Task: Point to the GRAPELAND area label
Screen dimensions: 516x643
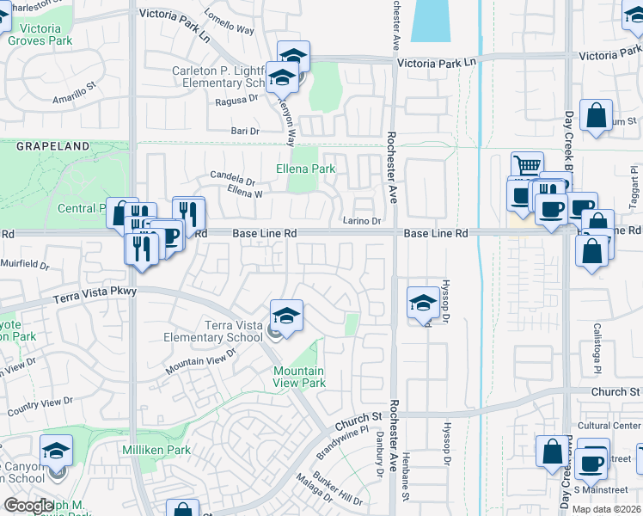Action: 52,147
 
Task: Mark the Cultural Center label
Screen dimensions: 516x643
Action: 609,426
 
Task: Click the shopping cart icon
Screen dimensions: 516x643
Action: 527,165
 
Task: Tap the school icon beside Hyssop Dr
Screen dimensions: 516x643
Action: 423,303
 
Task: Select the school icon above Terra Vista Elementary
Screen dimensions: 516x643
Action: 286,314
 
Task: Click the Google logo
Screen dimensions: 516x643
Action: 28,507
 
